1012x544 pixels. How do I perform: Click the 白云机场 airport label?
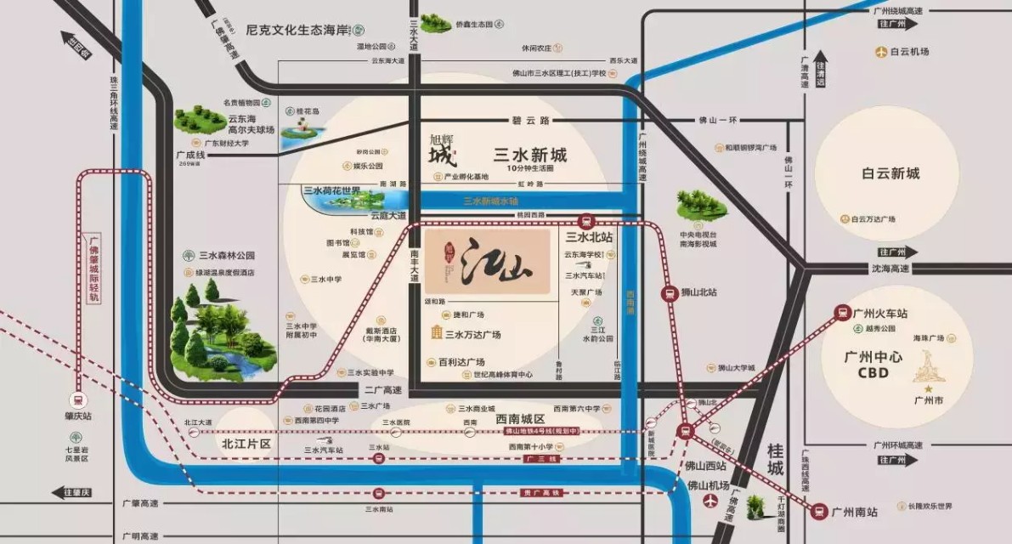(909, 52)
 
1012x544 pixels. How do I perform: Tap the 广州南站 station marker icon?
(819, 512)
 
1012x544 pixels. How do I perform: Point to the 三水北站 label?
(590, 237)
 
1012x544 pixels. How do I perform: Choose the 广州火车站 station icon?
(842, 313)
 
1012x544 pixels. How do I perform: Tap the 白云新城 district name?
(890, 173)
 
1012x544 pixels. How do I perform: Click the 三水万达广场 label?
(472, 334)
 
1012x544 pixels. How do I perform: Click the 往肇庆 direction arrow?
(71, 492)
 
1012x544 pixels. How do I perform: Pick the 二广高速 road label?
(382, 390)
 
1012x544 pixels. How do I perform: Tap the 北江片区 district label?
(246, 444)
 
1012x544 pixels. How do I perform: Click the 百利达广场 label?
(461, 362)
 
